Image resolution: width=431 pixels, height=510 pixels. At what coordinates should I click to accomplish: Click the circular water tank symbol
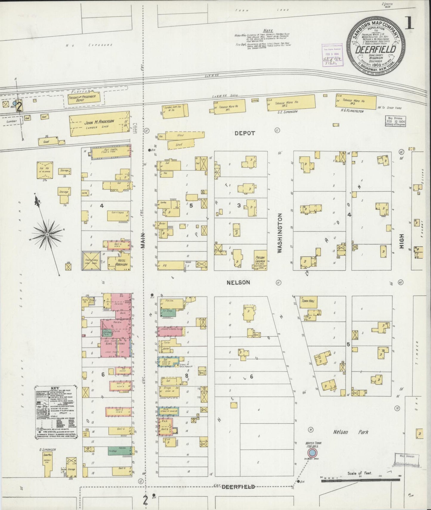[x=312, y=453]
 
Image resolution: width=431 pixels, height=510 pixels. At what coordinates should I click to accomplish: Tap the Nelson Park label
[x=350, y=432]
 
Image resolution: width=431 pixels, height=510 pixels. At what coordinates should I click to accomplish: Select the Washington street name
[x=279, y=233]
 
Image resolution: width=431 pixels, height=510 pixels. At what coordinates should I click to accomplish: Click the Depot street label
[x=244, y=133]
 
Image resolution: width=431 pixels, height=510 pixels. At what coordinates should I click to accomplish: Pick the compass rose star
[x=47, y=235]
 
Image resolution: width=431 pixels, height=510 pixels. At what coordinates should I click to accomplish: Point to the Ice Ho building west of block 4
[x=45, y=170]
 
